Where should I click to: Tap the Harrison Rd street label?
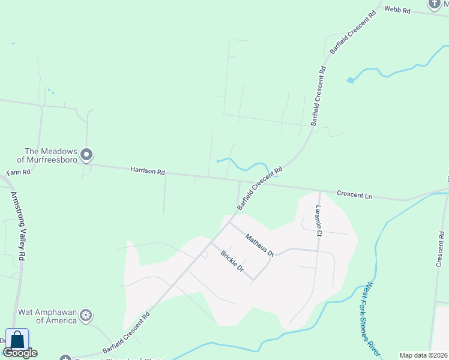point(147,172)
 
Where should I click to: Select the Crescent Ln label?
point(354,194)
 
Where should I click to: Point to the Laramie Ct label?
point(319,220)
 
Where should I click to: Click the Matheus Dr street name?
point(259,245)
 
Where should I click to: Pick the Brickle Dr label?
point(232,262)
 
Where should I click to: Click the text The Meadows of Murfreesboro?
point(47,155)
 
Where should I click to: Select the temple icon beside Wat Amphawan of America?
point(86,315)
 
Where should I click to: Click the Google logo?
point(20,353)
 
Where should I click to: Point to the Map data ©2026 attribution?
point(423,355)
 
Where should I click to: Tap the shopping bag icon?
point(17,340)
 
